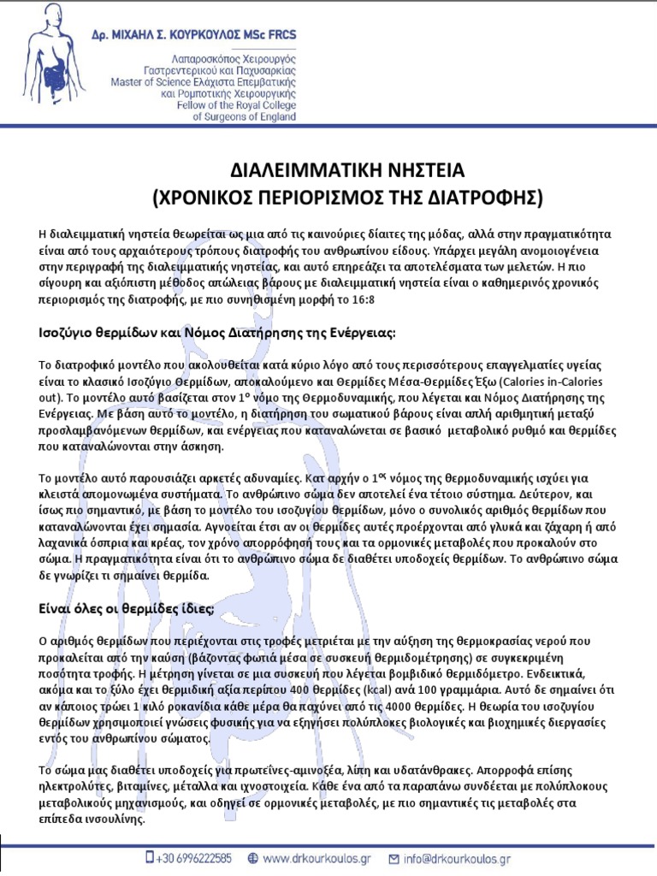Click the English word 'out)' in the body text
click(52, 398)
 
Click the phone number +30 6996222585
click(194, 857)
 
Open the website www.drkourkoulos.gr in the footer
click(317, 857)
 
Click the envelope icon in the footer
click(394, 857)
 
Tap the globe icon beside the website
click(252, 857)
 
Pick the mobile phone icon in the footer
click(150, 856)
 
